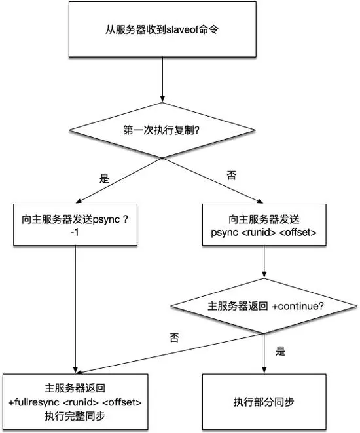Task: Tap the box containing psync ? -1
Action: click(x=75, y=225)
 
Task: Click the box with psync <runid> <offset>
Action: click(x=264, y=225)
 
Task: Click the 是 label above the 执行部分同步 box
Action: click(x=281, y=351)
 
